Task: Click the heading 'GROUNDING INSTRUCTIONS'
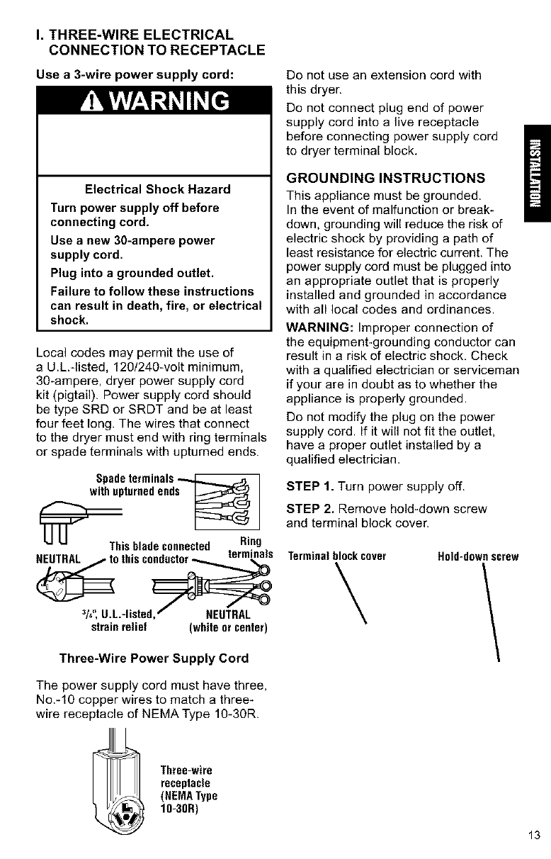[385, 176]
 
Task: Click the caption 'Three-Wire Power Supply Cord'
[154, 658]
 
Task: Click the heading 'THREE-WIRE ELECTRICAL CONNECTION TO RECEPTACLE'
[145, 41]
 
